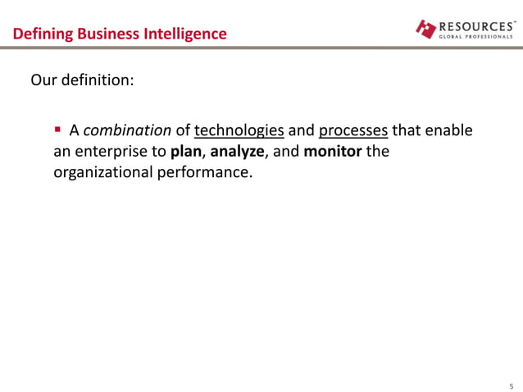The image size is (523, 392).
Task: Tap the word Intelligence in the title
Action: pyautogui.click(x=184, y=34)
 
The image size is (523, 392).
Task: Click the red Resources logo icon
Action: pyautogui.click(x=426, y=29)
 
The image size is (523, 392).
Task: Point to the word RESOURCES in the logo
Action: pyautogui.click(x=477, y=25)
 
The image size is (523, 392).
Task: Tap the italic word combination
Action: pyautogui.click(x=127, y=130)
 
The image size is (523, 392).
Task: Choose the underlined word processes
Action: pyautogui.click(x=353, y=130)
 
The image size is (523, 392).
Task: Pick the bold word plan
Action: pyautogui.click(x=185, y=152)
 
